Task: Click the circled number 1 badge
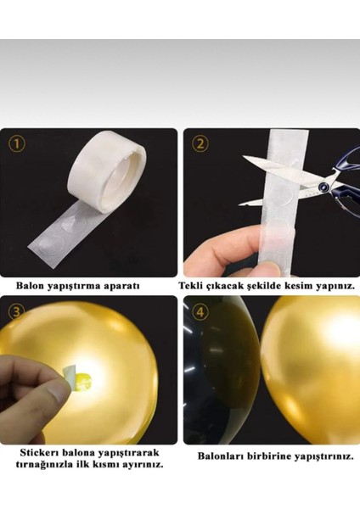[x=19, y=143]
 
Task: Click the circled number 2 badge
[x=200, y=143]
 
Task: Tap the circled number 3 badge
[x=19, y=310]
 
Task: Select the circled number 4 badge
[x=200, y=310]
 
